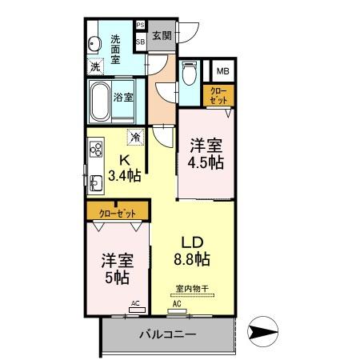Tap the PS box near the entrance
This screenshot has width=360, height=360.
[x=140, y=26]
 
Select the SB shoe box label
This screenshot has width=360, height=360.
[x=140, y=40]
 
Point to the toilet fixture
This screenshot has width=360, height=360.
[x=189, y=76]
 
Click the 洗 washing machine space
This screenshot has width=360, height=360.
[x=95, y=68]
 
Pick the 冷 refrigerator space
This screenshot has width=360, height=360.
[x=136, y=138]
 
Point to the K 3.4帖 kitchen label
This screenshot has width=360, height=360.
[x=125, y=166]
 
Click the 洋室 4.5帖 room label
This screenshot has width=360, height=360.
[x=206, y=153]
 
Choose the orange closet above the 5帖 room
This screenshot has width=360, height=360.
[x=118, y=214]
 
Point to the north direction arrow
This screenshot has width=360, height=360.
[x=264, y=330]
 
